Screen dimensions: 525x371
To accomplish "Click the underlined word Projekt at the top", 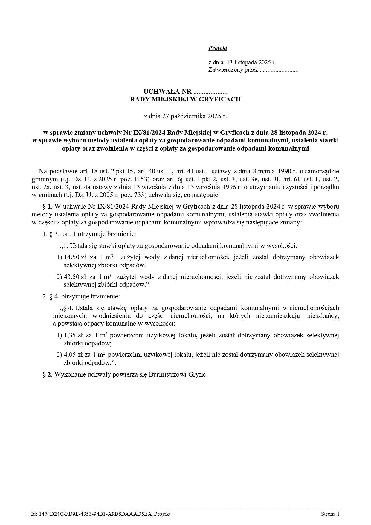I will pos(218,48).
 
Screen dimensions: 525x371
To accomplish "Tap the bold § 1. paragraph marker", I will pos(48,207).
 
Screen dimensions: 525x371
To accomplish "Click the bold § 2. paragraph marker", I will pos(48,374).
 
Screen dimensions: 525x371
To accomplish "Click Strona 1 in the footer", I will pos(330,514).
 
